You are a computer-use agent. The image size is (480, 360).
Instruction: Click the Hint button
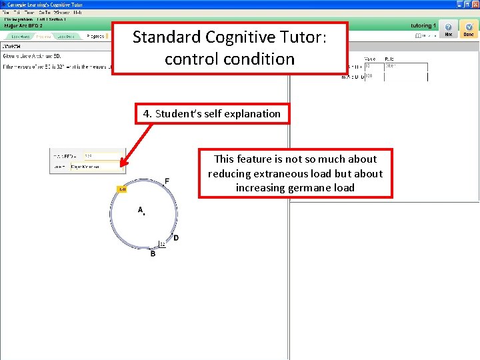pyautogui.click(x=448, y=30)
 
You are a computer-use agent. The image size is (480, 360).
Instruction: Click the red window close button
pyautogui.click(x=475, y=4)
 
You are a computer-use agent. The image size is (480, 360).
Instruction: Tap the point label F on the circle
pyautogui.click(x=167, y=181)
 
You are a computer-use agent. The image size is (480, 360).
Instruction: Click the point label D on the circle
pyautogui.click(x=176, y=238)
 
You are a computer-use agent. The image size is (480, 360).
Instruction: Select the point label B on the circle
pyautogui.click(x=153, y=254)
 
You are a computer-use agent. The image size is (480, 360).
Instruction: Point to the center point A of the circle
pyautogui.click(x=143, y=213)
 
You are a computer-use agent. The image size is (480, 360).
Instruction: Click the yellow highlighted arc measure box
pyautogui.click(x=122, y=189)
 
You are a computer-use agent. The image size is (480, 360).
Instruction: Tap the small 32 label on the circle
pyautogui.click(x=162, y=245)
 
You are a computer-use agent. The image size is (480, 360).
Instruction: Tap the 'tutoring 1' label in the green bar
pyautogui.click(x=422, y=25)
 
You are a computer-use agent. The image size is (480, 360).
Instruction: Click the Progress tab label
pyautogui.click(x=96, y=36)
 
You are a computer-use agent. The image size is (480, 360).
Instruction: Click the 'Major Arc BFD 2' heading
pyautogui.click(x=23, y=25)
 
